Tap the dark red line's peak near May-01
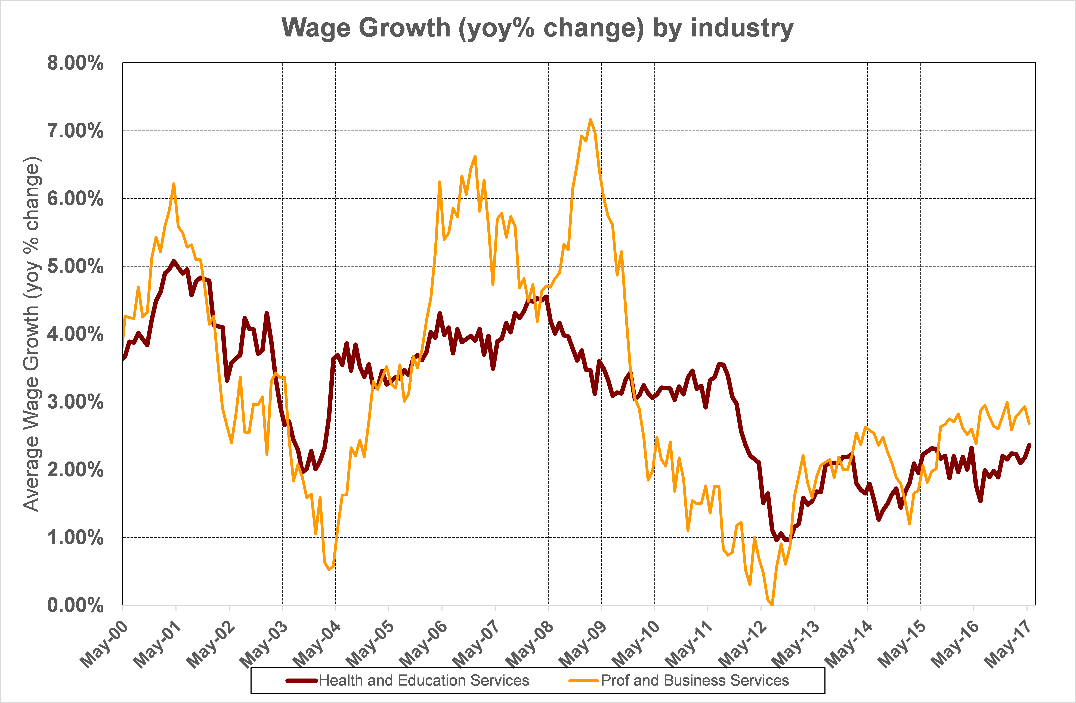click(x=174, y=261)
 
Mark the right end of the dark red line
click(x=1029, y=445)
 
